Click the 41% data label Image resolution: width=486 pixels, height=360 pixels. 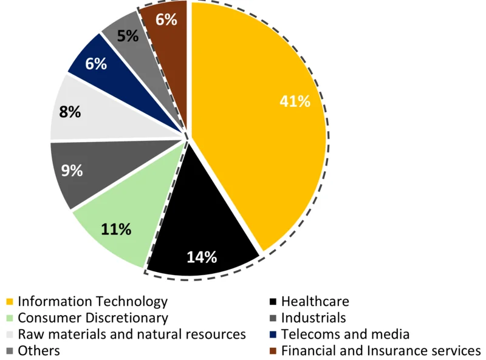click(295, 101)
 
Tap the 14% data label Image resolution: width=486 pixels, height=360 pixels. click(202, 257)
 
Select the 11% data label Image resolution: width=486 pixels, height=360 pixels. click(116, 229)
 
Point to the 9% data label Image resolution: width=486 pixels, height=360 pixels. click(72, 171)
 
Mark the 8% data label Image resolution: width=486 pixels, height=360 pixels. click(71, 112)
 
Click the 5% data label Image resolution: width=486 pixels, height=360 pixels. click(128, 36)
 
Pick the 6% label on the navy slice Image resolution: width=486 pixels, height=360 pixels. click(96, 63)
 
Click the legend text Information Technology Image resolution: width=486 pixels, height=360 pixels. click(92, 302)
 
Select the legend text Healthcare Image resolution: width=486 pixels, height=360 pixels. click(315, 302)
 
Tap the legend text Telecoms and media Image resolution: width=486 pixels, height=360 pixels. click(345, 335)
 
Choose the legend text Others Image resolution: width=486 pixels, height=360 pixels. click(39, 351)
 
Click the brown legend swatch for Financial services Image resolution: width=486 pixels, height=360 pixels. click(273, 351)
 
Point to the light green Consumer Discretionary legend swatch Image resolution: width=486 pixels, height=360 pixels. click(9, 318)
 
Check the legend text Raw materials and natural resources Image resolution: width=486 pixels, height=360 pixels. click(131, 335)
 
